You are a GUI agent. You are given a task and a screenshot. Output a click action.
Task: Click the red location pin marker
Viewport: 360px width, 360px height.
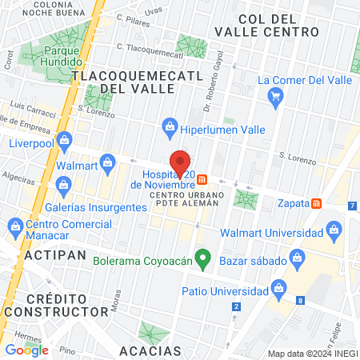click(x=181, y=162)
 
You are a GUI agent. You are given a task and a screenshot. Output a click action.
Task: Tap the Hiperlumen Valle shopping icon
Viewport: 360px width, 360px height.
click(x=170, y=125)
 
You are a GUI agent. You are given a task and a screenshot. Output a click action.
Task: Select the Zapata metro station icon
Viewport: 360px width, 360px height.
click(x=318, y=203)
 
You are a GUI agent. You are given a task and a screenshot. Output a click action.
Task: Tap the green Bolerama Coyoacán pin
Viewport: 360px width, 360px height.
click(x=203, y=258)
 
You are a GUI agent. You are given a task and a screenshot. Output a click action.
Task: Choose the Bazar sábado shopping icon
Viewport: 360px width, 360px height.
click(x=298, y=258)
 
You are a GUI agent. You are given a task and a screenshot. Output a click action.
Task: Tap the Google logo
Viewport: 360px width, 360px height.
click(x=26, y=350)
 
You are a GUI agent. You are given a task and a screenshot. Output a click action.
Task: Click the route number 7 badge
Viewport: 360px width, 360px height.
click(x=353, y=206)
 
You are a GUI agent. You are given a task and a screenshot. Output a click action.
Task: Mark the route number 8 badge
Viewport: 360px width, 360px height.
click(x=299, y=301)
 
